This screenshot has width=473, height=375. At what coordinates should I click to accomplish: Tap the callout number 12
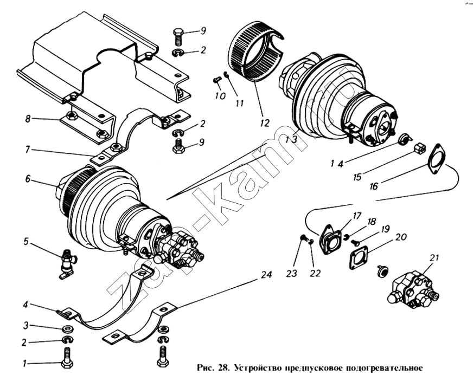[x=264, y=123]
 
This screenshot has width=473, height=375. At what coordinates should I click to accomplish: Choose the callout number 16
[x=374, y=186]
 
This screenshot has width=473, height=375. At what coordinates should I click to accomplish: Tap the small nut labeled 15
[x=419, y=147]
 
